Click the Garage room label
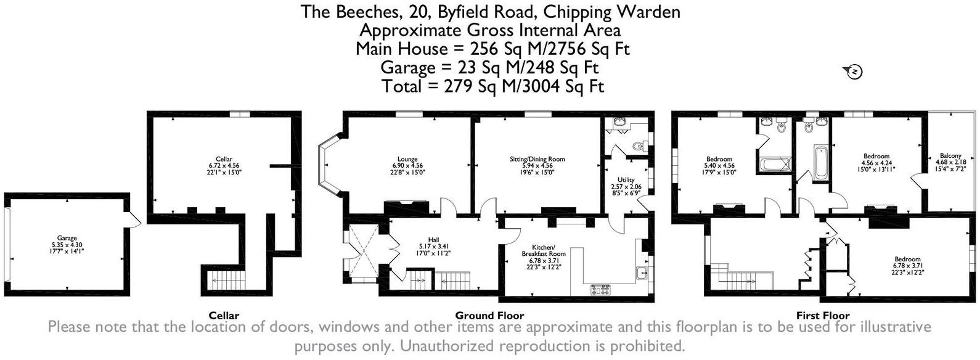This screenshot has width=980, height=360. (x=67, y=238)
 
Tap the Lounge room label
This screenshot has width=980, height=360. (x=407, y=158)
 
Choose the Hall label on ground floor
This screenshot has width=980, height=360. (x=433, y=240)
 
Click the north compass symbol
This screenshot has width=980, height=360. (x=855, y=72)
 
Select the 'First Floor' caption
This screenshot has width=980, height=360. (x=823, y=315)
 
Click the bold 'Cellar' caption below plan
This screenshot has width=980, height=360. (x=224, y=315)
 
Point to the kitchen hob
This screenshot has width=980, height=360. (x=600, y=287)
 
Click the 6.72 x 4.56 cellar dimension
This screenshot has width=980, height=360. (x=219, y=166)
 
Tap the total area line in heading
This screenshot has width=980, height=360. (x=492, y=86)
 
